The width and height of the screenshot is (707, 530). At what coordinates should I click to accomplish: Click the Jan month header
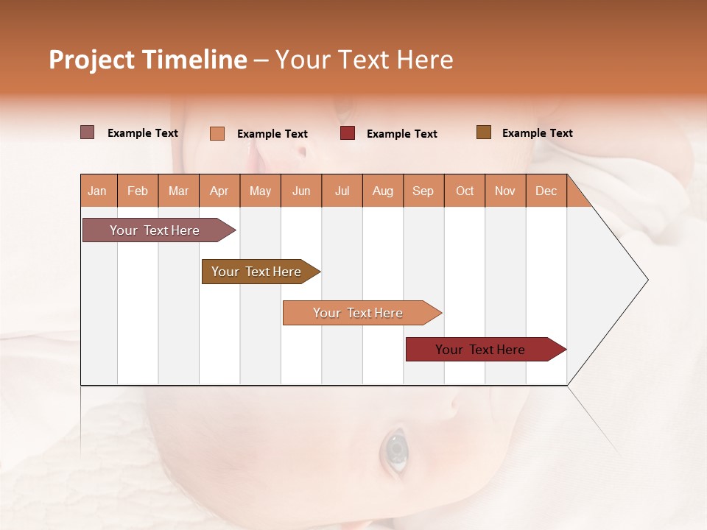click(x=97, y=191)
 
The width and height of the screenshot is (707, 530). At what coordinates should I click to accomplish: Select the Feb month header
click(x=138, y=191)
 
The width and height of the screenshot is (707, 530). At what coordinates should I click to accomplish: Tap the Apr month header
click(x=219, y=191)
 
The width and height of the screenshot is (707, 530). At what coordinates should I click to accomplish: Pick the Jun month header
click(x=301, y=191)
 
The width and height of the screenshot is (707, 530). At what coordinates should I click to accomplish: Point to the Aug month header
click(x=382, y=191)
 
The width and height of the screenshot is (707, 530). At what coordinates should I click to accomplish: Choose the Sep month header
click(x=423, y=191)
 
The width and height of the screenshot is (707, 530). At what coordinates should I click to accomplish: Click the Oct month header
click(x=465, y=191)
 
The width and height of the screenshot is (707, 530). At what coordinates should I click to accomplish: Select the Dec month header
click(x=546, y=191)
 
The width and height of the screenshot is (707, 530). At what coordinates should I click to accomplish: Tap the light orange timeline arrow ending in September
click(x=359, y=313)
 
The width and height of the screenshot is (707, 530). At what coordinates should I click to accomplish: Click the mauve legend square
click(x=88, y=132)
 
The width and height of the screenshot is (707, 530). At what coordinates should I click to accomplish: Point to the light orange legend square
click(x=217, y=133)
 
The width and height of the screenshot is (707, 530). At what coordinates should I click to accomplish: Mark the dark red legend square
click(x=348, y=133)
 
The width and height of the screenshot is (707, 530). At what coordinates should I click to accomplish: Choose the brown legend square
click(x=484, y=132)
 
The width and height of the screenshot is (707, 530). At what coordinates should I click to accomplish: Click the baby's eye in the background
click(x=397, y=448)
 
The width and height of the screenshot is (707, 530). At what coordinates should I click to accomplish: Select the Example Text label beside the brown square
click(x=537, y=133)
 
